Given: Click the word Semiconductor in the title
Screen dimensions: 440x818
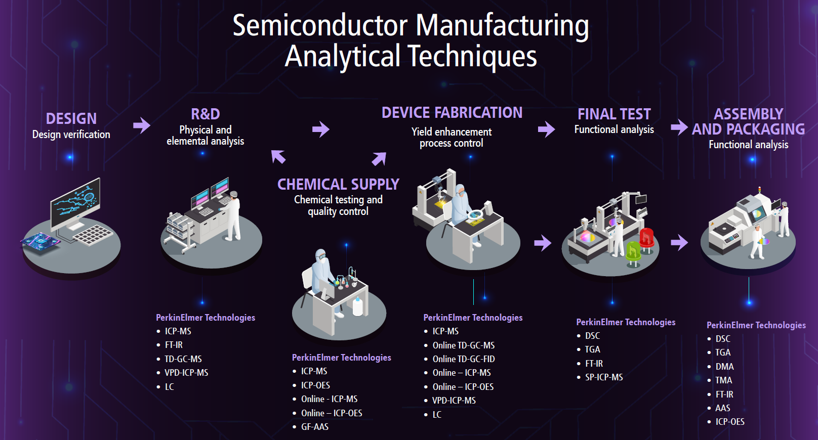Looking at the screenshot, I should (320, 25).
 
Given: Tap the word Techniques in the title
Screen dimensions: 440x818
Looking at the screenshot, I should (472, 56).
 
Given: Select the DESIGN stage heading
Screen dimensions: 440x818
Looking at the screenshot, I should (71, 119).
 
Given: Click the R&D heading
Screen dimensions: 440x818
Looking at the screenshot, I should (205, 114).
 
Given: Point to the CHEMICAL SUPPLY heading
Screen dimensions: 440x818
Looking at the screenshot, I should (338, 185).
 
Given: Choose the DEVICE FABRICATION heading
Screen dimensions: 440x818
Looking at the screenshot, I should (452, 113).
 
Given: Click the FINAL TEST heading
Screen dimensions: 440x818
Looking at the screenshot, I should (614, 114).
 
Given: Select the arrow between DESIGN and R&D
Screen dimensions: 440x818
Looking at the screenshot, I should (142, 125).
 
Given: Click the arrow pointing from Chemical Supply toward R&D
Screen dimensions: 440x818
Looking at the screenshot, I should (278, 157).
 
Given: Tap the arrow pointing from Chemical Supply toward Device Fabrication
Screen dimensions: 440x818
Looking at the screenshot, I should (379, 158).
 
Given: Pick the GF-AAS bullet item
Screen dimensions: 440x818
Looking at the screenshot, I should (315, 427).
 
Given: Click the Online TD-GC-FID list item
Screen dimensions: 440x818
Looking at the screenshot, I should (464, 359).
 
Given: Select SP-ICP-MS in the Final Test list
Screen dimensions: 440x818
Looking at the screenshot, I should (604, 377).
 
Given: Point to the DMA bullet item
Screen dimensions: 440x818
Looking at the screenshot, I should (724, 367).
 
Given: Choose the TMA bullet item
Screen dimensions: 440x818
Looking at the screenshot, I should (723, 380).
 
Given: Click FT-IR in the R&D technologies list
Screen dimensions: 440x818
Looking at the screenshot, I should (174, 345).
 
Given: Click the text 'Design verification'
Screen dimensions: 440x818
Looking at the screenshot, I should (71, 135).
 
